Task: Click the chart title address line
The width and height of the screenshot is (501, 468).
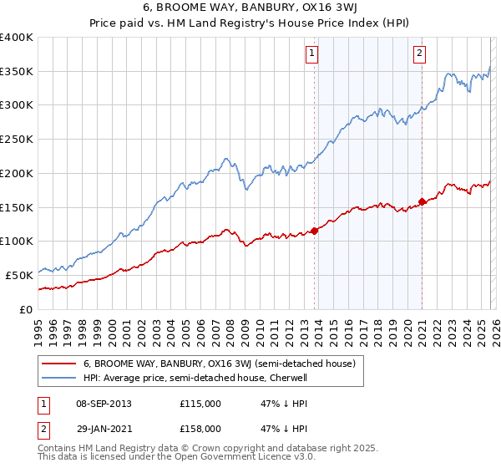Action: [250, 9]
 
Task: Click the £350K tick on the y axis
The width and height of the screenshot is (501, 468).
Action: [17, 72]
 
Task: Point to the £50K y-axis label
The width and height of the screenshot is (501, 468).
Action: [19, 275]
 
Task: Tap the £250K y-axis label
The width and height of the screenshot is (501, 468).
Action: [17, 140]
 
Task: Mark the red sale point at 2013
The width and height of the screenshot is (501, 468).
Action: [314, 231]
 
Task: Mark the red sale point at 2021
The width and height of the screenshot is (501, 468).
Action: [423, 201]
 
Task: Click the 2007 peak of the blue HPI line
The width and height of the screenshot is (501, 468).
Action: [225, 158]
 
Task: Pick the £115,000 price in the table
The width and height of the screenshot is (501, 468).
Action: [200, 404]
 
